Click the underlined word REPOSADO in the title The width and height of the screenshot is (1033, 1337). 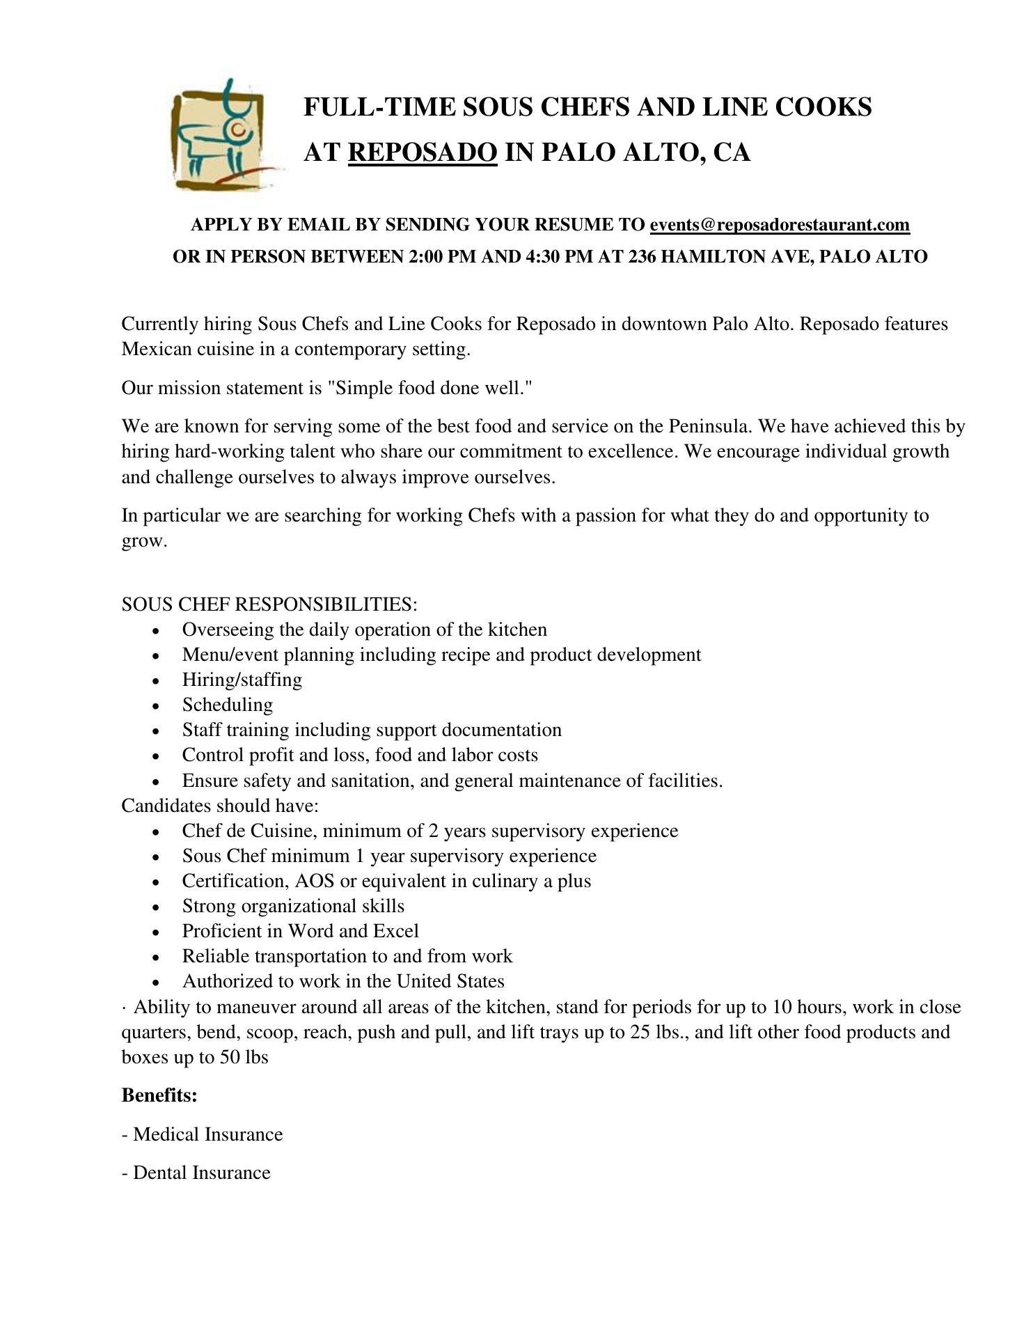coord(423,153)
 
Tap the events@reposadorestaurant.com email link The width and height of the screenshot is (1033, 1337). coord(780,225)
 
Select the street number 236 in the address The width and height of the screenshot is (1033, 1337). coord(642,257)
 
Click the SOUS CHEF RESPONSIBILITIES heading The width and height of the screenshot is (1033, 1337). coord(269,604)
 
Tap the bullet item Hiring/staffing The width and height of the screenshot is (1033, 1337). coord(242,680)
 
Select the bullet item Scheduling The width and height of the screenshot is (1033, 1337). coord(228,705)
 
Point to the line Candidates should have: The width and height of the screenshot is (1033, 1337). coord(220,806)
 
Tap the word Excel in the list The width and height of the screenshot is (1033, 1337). coord(395,931)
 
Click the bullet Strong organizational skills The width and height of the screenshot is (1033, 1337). coord(293,906)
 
